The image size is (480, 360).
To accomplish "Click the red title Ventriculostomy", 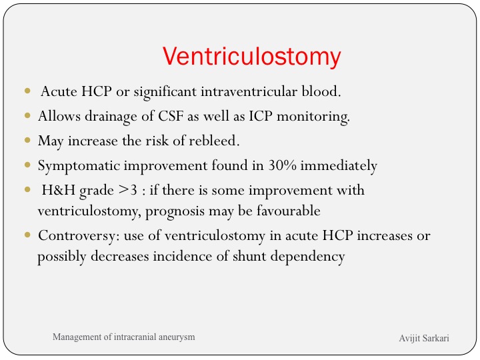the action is [251, 57].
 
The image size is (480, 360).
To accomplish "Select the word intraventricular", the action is [249, 91].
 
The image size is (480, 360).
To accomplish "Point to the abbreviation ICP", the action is [261, 116].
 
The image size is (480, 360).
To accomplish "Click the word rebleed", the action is [214, 141].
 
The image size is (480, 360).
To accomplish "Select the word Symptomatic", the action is [79, 166].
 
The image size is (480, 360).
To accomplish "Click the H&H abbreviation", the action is [58, 190].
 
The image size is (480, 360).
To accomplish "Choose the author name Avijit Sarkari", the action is [424, 338].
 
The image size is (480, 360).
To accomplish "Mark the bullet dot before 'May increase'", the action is [27, 140].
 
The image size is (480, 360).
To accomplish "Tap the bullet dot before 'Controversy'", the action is [27, 235].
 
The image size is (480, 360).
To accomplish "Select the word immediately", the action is [339, 166].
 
